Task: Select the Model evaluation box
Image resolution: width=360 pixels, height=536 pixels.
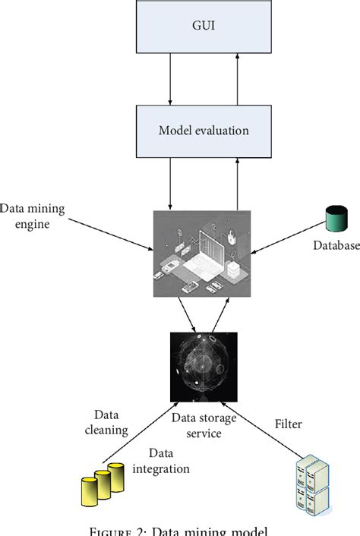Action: (203, 131)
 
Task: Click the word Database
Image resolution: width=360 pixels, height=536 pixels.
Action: (336, 245)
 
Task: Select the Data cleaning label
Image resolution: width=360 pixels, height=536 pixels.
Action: (111, 422)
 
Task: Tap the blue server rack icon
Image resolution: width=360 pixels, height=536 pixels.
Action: (311, 484)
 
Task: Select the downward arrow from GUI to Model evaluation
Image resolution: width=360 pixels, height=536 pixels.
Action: (170, 84)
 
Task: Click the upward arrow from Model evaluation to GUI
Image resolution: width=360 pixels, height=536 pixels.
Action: (237, 84)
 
